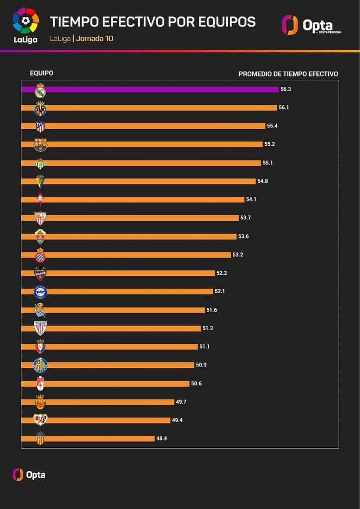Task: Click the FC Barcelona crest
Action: pyautogui.click(x=40, y=145)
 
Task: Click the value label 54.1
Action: pyautogui.click(x=252, y=200)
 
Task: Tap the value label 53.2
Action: pyautogui.click(x=238, y=255)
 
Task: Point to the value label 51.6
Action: pyautogui.click(x=212, y=310)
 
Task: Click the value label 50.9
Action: pyautogui.click(x=201, y=365)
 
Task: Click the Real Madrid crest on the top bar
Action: pyautogui.click(x=40, y=90)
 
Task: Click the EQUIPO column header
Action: pyautogui.click(x=41, y=74)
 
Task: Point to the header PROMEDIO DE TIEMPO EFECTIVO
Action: pyautogui.click(x=288, y=74)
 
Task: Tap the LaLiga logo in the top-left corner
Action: pyautogui.click(x=25, y=25)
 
